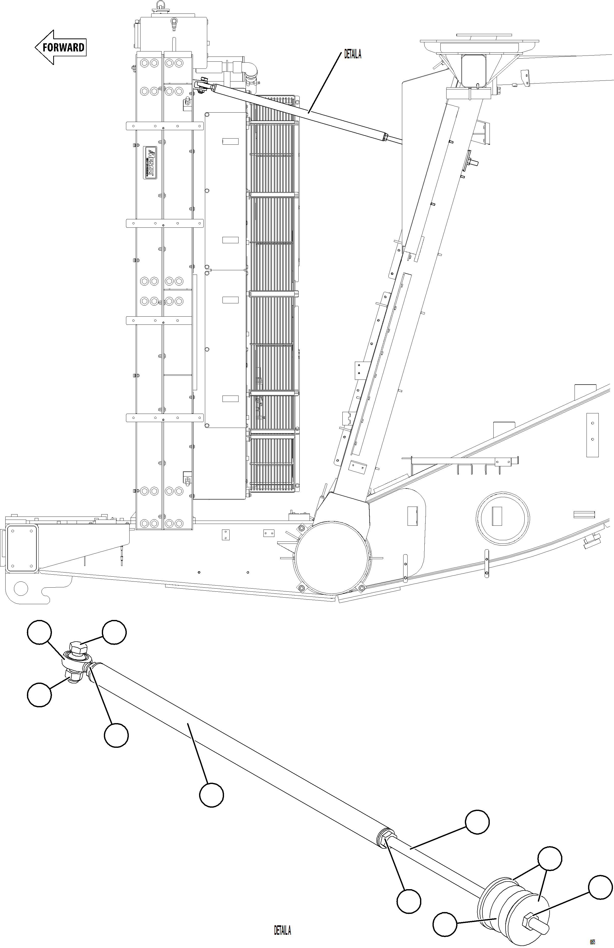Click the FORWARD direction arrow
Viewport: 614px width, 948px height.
61,47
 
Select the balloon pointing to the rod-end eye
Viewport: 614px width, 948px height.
39,632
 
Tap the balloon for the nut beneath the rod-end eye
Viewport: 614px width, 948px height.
39,695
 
